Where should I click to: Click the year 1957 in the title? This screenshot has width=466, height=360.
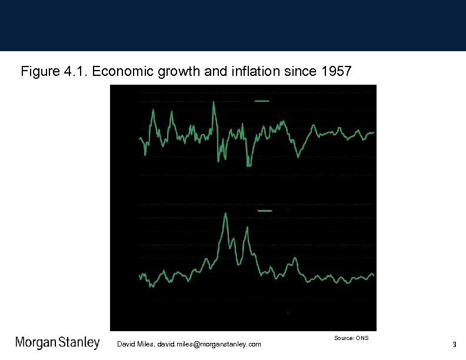click(x=336, y=72)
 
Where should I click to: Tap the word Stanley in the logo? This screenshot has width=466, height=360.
click(x=79, y=342)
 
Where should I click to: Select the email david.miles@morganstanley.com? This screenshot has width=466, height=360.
click(x=206, y=344)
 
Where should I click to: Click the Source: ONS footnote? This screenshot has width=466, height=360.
click(x=351, y=338)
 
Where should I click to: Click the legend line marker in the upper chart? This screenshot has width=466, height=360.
click(x=262, y=101)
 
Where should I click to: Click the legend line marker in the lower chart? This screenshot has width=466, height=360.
click(x=265, y=210)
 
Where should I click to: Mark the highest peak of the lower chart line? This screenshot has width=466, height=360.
click(x=226, y=214)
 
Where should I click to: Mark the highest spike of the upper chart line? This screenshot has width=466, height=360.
click(x=214, y=102)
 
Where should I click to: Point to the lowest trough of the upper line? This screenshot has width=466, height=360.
click(x=248, y=166)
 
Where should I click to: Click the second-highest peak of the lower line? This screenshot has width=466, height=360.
click(x=246, y=227)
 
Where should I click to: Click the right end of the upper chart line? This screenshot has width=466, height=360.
click(x=374, y=132)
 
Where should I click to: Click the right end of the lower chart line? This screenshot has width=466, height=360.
click(x=374, y=275)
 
